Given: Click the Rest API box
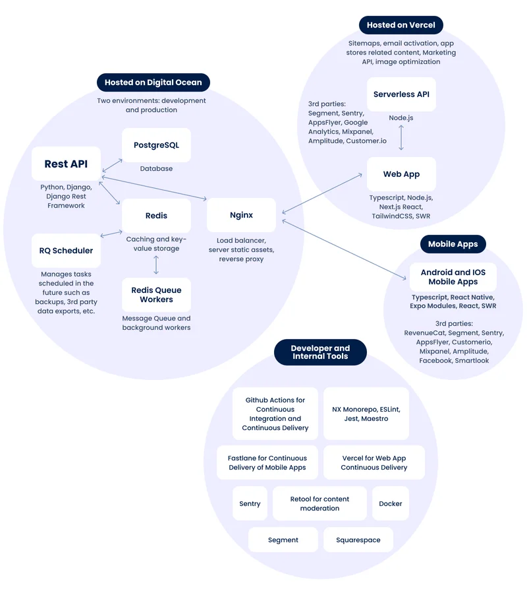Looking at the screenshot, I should click(66, 164).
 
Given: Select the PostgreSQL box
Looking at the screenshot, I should click(156, 145).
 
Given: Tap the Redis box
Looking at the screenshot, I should click(156, 216).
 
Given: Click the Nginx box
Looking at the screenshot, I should click(241, 215).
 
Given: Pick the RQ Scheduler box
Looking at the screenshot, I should click(66, 251).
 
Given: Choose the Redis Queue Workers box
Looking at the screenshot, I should click(156, 295).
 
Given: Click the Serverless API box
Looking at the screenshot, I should click(401, 94).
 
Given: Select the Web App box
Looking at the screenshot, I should click(401, 174).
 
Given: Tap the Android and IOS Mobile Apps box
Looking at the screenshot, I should click(453, 277).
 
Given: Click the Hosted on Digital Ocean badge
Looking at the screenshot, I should click(153, 82).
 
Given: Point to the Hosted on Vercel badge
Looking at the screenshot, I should click(401, 25).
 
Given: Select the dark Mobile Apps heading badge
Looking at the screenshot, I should click(453, 244).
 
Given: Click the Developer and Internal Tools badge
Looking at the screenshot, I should click(320, 352).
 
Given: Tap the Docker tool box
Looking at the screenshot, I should click(391, 503).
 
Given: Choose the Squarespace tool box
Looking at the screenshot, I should click(358, 540).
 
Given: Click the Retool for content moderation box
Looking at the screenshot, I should click(319, 503).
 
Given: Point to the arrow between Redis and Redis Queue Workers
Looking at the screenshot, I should click(156, 264).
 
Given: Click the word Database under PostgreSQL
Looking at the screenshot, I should click(156, 169).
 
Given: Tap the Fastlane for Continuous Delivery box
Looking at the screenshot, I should click(267, 462).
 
